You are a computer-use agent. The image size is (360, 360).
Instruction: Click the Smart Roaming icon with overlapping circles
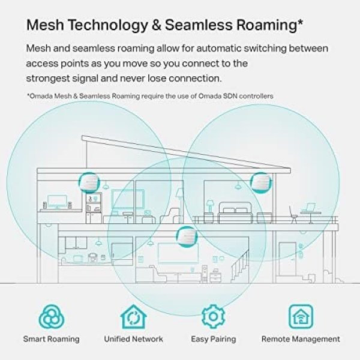52,317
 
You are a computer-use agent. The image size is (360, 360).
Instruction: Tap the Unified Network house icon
133,317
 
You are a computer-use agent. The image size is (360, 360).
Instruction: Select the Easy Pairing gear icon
213,317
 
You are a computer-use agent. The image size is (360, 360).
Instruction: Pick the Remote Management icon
301,317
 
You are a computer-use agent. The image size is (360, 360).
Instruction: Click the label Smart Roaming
52,339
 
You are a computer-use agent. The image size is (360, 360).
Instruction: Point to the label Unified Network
133,339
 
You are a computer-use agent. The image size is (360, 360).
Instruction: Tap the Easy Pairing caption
213,340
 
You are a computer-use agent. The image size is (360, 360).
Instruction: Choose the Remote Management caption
301,339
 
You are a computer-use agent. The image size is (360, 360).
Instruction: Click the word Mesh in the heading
45,25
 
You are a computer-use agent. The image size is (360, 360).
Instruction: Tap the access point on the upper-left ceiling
89,183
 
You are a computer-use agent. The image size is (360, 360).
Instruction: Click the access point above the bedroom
261,182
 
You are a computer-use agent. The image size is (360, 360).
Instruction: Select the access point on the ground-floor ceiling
187,237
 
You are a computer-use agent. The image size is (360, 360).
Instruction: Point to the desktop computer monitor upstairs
57,202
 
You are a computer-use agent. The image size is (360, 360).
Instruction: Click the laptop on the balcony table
309,208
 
